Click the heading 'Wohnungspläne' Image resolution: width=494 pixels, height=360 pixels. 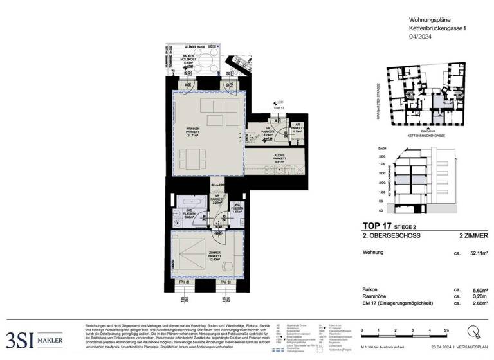(x=429, y=21)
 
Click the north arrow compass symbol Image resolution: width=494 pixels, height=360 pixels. (x=474, y=333)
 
